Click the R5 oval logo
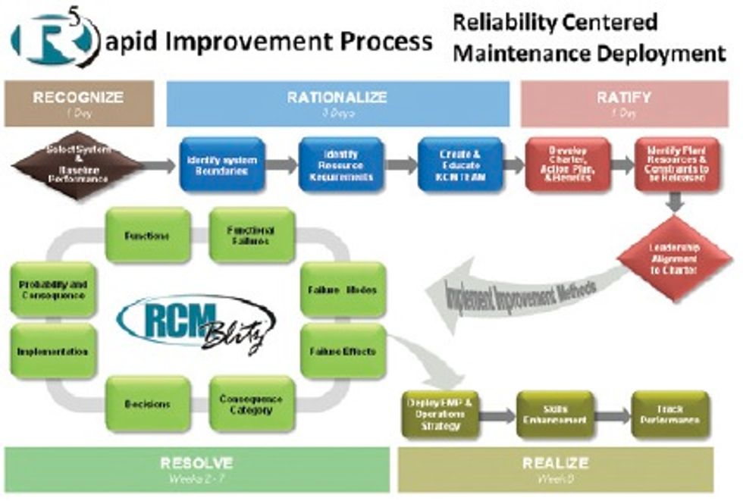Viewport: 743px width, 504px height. coord(55,39)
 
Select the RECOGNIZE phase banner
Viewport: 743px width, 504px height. coord(78,103)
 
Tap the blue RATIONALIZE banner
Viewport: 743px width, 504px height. coord(337,103)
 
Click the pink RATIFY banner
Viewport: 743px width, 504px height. coord(624,103)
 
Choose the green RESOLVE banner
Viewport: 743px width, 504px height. coord(196,468)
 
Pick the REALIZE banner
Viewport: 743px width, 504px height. coord(555,468)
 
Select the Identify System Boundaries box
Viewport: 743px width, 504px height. coord(222,165)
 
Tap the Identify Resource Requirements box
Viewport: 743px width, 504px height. coord(339,165)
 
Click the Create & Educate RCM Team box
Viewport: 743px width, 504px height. coord(460,165)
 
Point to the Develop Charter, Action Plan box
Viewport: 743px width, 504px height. coord(567,165)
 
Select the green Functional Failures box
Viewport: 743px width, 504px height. coord(251,235)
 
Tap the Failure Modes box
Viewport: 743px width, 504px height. coord(343,290)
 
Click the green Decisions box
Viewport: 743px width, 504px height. coord(148,404)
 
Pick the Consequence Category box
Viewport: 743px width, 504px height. coord(251,404)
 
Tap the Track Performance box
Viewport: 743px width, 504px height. coord(670,415)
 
